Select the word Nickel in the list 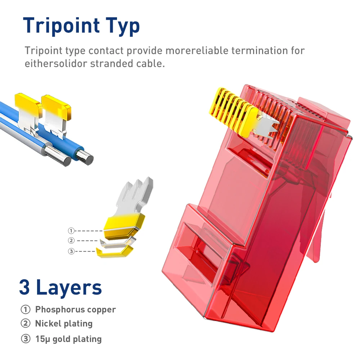[46, 324]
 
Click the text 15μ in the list [42, 339]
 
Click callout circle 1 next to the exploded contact [71, 231]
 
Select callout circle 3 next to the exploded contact [71, 251]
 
